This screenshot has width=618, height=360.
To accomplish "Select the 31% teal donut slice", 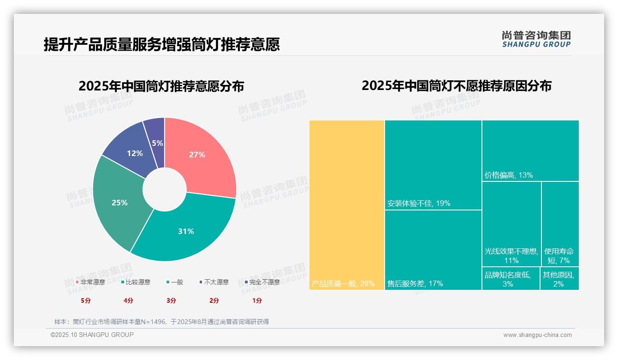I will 187,231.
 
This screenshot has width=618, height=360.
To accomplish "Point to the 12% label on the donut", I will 135,153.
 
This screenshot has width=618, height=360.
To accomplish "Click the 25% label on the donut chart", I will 119,203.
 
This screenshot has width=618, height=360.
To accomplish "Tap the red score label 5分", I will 86,300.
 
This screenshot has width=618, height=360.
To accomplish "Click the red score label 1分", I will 257,300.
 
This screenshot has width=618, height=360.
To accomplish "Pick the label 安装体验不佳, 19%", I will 419,203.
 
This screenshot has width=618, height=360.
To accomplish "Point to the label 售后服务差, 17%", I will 415,283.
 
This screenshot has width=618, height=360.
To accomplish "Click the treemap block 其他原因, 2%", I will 559,279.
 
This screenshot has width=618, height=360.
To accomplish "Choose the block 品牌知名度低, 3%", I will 510,279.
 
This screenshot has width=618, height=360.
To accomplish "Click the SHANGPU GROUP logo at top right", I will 536,39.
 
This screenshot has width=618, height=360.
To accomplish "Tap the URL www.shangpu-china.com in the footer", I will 537,335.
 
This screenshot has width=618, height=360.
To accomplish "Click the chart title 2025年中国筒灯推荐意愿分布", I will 161,86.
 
